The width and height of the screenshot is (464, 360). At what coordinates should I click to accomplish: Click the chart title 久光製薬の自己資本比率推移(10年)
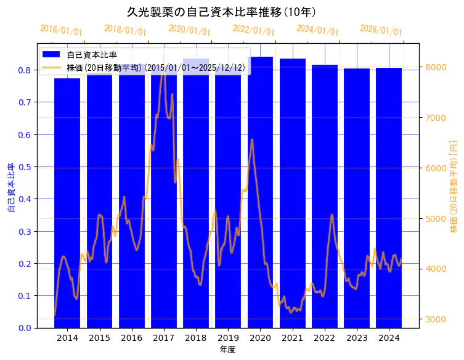(x=221, y=12)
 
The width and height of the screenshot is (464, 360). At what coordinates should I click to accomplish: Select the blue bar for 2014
(x=67, y=203)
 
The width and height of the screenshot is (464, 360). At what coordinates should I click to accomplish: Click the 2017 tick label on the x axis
(x=164, y=338)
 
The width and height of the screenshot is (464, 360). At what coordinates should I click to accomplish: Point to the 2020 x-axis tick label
(x=260, y=338)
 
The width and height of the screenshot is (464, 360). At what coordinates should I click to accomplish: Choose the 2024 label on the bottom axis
(x=389, y=338)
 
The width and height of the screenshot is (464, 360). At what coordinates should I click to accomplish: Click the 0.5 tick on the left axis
(x=25, y=167)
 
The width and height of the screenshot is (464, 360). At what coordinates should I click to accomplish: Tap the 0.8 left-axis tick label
(x=25, y=70)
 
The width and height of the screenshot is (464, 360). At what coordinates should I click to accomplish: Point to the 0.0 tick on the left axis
(x=25, y=328)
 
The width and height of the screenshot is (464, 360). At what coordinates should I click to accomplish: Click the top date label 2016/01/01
(x=61, y=30)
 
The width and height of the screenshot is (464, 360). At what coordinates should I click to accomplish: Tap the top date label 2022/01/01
(x=253, y=30)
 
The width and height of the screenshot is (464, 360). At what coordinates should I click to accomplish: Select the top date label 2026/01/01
(x=381, y=30)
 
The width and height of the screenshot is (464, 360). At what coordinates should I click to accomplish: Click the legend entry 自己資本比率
(x=92, y=55)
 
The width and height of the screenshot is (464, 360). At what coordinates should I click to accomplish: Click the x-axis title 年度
(x=227, y=350)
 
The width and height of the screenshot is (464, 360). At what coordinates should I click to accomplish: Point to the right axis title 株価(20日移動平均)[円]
(x=454, y=186)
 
